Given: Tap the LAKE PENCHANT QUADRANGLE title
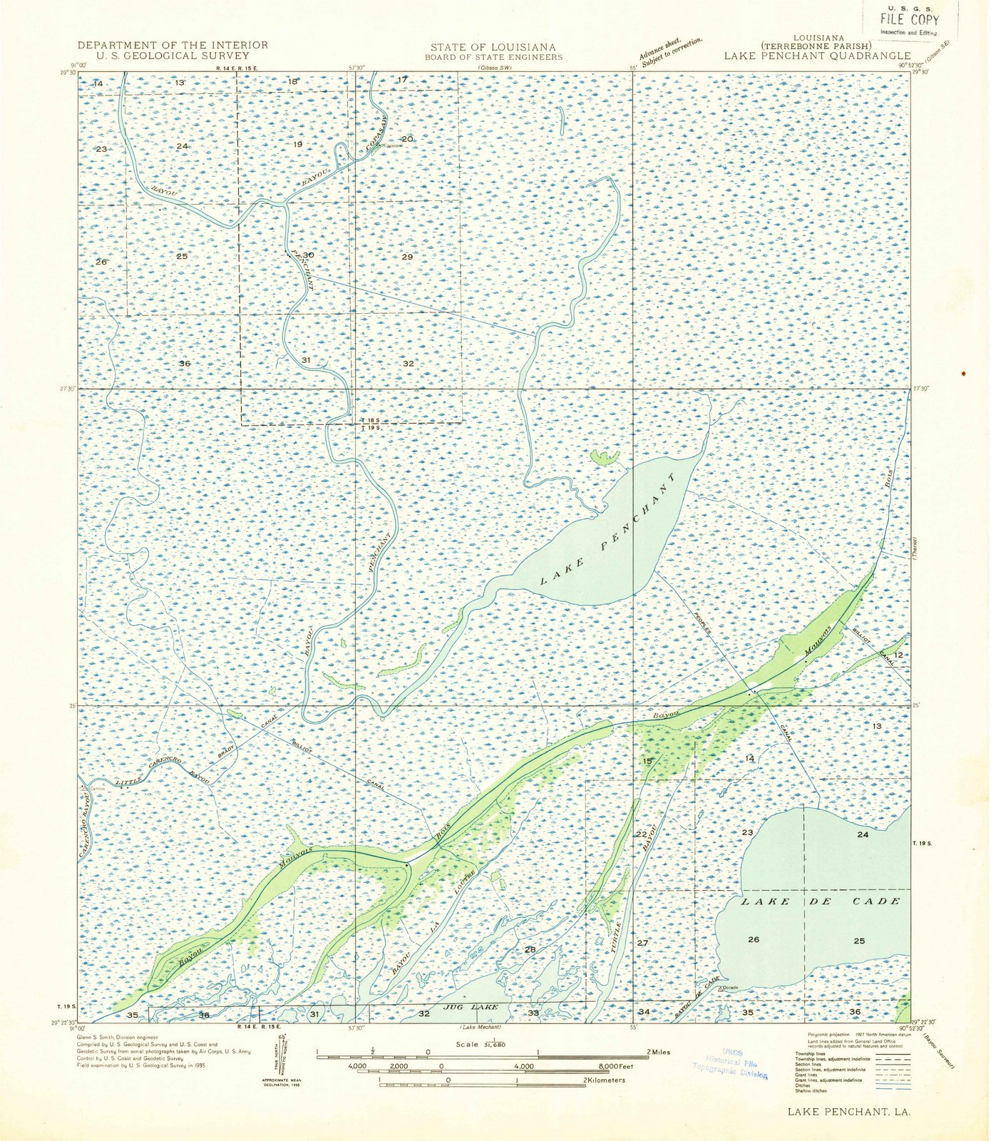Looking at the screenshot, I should click(x=817, y=55).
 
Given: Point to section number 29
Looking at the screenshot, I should click(x=407, y=257).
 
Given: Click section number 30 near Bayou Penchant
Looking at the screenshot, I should click(x=308, y=255).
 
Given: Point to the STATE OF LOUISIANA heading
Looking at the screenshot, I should click(x=493, y=47).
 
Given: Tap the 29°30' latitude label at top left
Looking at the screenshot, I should click(x=68, y=72).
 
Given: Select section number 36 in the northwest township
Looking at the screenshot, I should click(x=185, y=364).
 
